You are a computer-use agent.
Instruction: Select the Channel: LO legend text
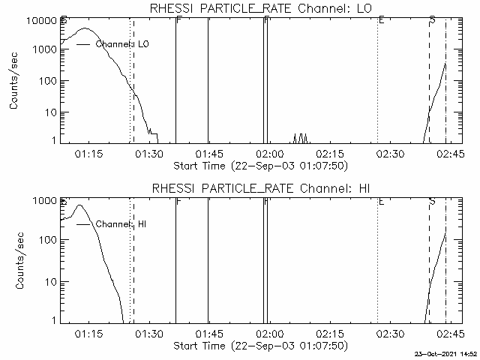click(x=122, y=45)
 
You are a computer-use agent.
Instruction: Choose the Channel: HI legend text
click(x=121, y=224)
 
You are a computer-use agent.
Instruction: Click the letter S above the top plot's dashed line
click(x=432, y=19)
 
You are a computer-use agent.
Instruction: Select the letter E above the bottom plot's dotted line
click(x=381, y=201)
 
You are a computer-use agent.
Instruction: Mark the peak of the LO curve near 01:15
click(x=85, y=29)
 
